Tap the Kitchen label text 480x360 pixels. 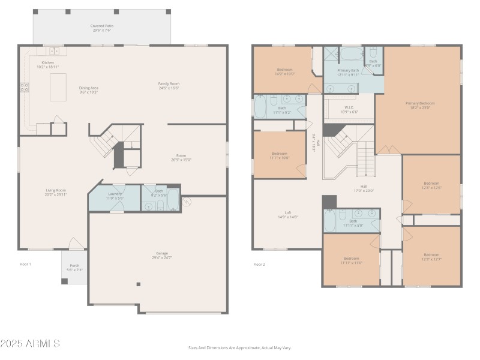pyautogui.click(x=48, y=65)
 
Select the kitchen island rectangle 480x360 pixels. pyautogui.click(x=58, y=87)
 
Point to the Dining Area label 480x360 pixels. pyautogui.click(x=89, y=90)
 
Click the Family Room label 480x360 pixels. pyautogui.click(x=169, y=85)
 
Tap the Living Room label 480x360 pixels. pyautogui.click(x=56, y=192)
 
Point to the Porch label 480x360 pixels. pyautogui.click(x=75, y=268)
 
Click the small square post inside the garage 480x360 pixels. pyautogui.click(x=139, y=284)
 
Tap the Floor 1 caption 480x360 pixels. pyautogui.click(x=25, y=264)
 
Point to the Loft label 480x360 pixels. pyautogui.click(x=288, y=215)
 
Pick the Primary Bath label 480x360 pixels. pyautogui.click(x=348, y=72)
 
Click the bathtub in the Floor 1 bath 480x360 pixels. pyautogui.click(x=173, y=199)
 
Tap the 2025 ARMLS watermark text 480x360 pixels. pyautogui.click(x=30, y=343)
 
